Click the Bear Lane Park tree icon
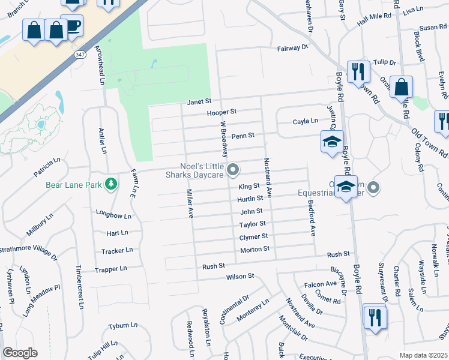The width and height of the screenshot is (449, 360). [x=110, y=184]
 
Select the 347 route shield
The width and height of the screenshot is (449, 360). [x=80, y=55]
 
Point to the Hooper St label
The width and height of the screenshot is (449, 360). [x=221, y=112]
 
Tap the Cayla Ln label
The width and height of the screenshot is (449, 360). [x=305, y=121]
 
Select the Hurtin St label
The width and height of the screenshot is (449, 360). [x=250, y=198]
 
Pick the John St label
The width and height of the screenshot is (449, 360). [x=252, y=211]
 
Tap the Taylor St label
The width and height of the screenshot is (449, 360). [x=253, y=224]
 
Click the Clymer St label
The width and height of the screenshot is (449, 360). [x=253, y=236]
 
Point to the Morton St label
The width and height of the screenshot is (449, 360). [x=255, y=249]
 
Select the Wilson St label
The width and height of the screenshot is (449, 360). [x=240, y=277]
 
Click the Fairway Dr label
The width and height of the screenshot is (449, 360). [x=292, y=47]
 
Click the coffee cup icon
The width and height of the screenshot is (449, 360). [x=73, y=25]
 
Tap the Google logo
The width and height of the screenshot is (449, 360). [x=20, y=353]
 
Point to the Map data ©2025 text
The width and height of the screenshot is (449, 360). [x=423, y=355]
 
